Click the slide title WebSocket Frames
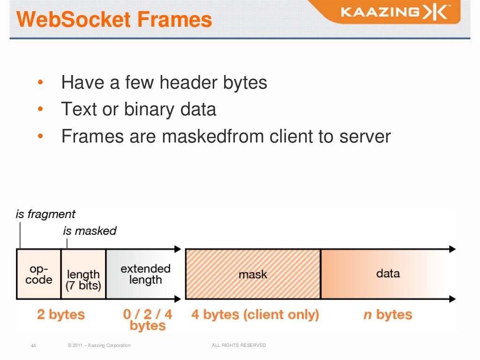point(114,20)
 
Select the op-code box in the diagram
point(39,274)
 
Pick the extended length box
point(145,274)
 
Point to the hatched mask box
point(253,274)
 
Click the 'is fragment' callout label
point(45,214)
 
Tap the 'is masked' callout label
point(90,231)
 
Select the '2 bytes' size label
point(61,314)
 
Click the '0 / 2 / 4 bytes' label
point(148,320)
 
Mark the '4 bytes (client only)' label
point(255,314)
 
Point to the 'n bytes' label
point(388,314)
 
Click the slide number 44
point(33,346)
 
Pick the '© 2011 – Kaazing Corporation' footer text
point(99,345)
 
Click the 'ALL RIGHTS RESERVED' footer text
point(239,345)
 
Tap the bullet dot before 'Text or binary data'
point(40,110)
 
